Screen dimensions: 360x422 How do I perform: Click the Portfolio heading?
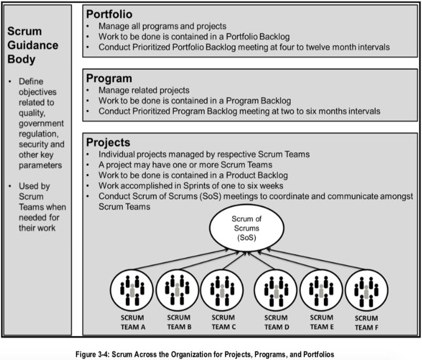[109, 14]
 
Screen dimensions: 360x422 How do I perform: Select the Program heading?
[109, 79]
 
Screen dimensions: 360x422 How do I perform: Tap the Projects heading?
[108, 143]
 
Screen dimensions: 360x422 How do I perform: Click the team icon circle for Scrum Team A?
[131, 291]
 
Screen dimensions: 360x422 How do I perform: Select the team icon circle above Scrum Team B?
[177, 290]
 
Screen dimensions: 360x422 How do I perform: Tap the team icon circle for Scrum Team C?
[222, 290]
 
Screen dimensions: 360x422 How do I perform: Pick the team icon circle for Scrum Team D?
[276, 290]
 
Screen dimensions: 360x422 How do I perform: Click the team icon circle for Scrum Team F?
[366, 291]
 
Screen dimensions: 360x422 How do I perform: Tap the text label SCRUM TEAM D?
[276, 322]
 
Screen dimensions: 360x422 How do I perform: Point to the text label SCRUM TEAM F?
[366, 323]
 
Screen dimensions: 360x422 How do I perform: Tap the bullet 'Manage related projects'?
[144, 90]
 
